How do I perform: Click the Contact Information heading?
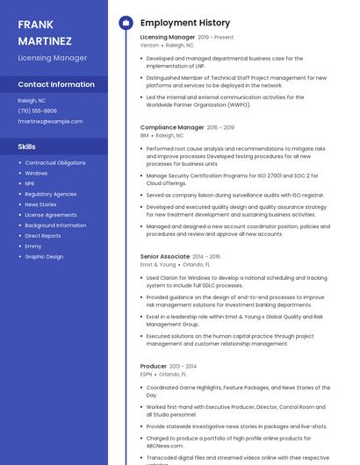coord(56,85)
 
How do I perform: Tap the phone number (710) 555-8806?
coord(37,111)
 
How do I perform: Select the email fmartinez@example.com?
coord(50,121)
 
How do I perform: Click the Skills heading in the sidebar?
coord(27,147)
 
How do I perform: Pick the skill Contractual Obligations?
coord(55,163)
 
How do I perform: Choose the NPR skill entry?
coord(30,183)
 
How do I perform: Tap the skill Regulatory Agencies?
coord(51,194)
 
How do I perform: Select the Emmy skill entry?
coord(33,247)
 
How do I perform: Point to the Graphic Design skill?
coord(44,257)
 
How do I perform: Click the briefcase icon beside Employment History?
coord(126,23)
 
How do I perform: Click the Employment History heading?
coord(184,23)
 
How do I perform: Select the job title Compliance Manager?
coord(172,127)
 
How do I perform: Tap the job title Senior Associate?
coord(165,256)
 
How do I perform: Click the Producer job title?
coord(154,366)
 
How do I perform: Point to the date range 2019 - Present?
coord(216,38)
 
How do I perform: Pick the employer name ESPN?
coord(146,374)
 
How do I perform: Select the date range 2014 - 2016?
coord(206,256)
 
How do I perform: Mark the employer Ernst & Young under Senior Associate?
coord(158,264)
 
